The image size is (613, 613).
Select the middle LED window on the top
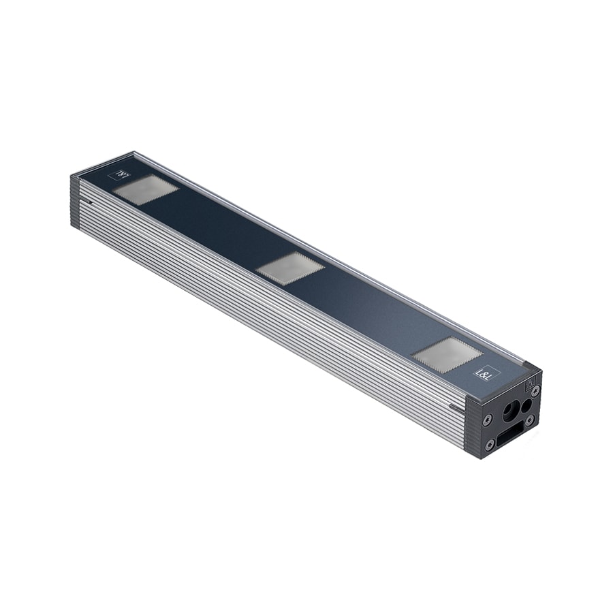click(x=290, y=267)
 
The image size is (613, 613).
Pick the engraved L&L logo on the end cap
click(x=529, y=386)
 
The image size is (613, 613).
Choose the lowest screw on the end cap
click(x=490, y=445)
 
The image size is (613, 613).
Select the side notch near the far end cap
click(x=90, y=202)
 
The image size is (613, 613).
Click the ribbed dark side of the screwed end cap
click(x=474, y=426)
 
